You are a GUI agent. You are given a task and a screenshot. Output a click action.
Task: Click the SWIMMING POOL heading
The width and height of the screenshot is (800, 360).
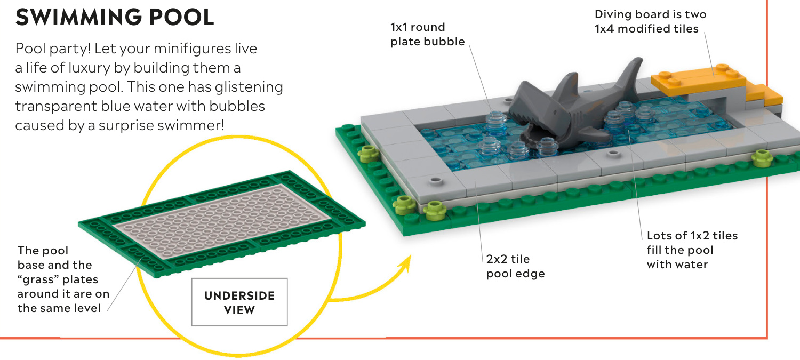(115, 17)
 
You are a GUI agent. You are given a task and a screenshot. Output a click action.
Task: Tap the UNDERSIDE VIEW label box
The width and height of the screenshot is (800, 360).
(239, 302)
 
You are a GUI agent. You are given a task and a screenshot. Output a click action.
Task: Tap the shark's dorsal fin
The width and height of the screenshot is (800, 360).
(568, 87)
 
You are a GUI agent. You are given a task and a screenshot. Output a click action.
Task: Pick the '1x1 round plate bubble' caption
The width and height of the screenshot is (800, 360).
(428, 34)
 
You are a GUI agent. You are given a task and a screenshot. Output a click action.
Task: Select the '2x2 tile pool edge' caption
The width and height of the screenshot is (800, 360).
(515, 266)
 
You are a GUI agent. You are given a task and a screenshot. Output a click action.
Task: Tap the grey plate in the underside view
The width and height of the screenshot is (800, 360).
(222, 222)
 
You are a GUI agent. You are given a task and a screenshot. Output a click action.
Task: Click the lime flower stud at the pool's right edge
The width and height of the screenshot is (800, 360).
(762, 158)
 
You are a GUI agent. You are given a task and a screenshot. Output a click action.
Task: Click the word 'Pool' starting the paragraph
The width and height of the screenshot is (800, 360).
(30, 49)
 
